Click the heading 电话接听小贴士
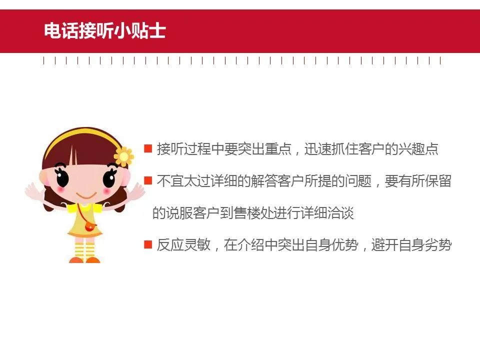point(104,30)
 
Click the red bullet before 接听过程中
point(148,148)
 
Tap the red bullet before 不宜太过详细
point(148,180)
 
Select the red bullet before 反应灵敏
point(148,244)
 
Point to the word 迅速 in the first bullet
point(317,149)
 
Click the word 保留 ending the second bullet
point(438,181)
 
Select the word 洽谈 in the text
point(340,213)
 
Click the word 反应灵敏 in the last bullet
point(183,245)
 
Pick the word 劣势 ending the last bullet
point(438,245)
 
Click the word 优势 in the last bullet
point(344,245)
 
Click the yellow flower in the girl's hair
point(123,156)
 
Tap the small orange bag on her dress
point(90,227)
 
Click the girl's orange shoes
point(85,260)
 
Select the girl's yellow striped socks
point(85,250)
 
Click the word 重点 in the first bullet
point(278,149)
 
